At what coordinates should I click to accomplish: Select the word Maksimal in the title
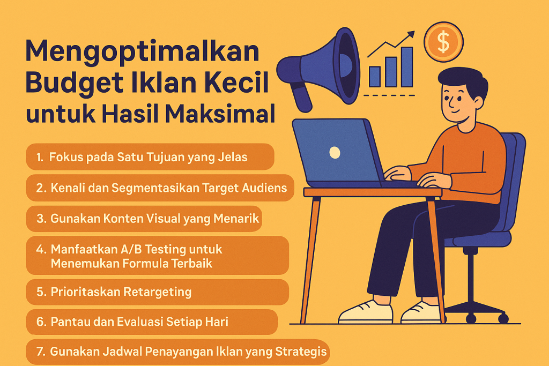[x=220, y=114]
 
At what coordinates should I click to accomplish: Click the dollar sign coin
[x=443, y=42]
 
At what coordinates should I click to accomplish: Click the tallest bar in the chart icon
[x=407, y=67]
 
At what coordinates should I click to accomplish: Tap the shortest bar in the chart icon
[x=375, y=77]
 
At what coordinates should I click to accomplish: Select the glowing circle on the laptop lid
[x=335, y=152]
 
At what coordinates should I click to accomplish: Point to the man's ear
[x=479, y=102]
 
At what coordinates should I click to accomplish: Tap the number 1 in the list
[x=39, y=158]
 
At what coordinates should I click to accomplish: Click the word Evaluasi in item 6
[x=139, y=322]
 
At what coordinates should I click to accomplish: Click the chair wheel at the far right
[x=503, y=318]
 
